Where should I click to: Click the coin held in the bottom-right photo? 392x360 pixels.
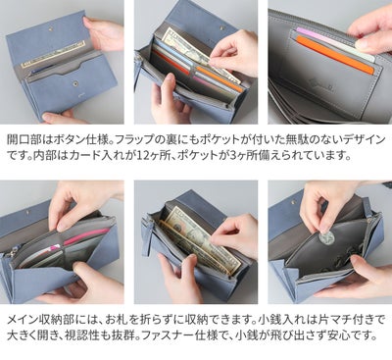tap(327, 238)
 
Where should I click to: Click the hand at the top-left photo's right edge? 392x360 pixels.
tap(107, 34)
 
